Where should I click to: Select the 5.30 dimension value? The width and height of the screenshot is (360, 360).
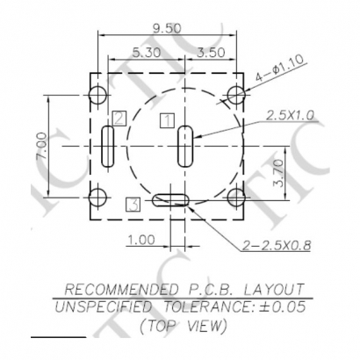coord(146,53)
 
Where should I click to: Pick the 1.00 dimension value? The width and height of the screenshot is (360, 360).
coord(140,239)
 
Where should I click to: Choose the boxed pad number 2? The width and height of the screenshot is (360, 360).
coord(119,118)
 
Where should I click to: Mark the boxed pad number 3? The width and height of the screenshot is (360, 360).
coord(133,204)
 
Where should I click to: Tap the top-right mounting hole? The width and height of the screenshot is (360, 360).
coord(235,94)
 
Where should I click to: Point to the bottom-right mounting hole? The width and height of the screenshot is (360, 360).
coord(235,197)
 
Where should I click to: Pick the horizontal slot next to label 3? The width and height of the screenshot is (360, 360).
coord(175,201)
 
